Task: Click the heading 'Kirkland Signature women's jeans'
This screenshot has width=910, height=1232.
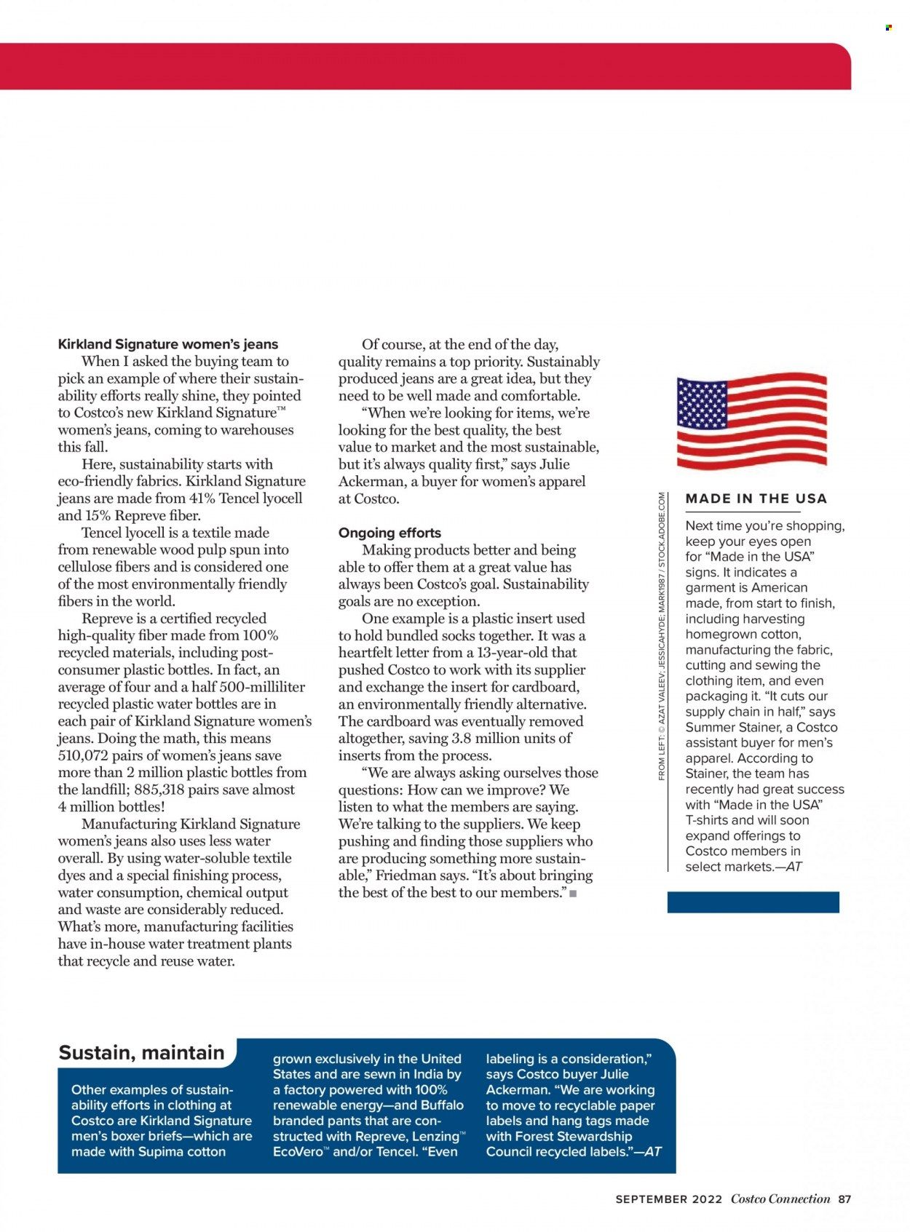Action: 167,344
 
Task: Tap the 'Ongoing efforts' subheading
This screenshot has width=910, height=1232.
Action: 389,533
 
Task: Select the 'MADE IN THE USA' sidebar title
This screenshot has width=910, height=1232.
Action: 756,498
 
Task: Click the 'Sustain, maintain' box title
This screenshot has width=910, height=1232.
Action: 141,1053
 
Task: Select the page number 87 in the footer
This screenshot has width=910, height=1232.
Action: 844,1199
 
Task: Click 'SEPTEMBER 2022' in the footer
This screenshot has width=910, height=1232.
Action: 668,1199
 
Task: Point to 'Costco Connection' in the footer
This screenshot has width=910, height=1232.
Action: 780,1199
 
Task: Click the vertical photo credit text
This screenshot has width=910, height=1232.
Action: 662,637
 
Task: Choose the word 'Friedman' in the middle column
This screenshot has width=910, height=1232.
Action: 404,875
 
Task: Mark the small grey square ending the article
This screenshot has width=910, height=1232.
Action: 573,894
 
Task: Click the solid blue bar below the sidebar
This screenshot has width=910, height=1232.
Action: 753,902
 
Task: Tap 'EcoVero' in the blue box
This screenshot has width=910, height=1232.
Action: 298,1151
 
